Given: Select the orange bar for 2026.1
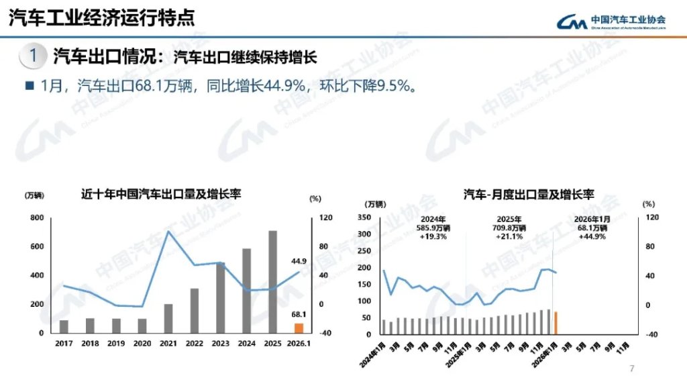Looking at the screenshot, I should pos(299,328).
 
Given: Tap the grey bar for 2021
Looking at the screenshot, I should pos(168,318).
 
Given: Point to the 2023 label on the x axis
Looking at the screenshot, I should pos(221,343).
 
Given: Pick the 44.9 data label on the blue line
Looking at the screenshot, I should pos(299,261).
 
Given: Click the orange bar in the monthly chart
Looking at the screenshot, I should pos(556,323).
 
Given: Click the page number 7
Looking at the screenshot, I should pos(631,369).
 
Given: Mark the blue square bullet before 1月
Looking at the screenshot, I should pos(29,86).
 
